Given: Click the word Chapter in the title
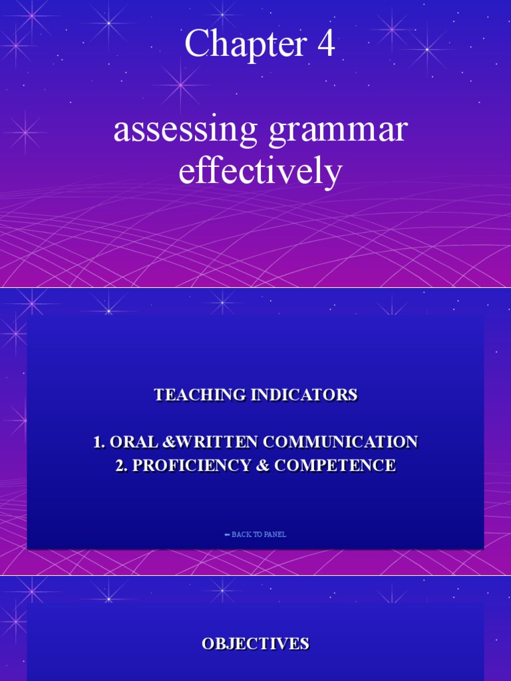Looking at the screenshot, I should [236, 45].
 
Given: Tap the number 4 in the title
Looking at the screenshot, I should [325, 45].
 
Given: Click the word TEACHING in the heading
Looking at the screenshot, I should [200, 394].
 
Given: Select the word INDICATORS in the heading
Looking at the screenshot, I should [305, 394].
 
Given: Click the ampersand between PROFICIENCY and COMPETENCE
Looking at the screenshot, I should [261, 466].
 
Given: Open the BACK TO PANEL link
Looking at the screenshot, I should [255, 535].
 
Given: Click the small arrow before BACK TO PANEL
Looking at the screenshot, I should [227, 535].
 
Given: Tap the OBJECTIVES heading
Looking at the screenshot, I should [255, 643].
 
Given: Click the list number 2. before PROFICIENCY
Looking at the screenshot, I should [121, 466].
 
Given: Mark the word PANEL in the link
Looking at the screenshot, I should [276, 535].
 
